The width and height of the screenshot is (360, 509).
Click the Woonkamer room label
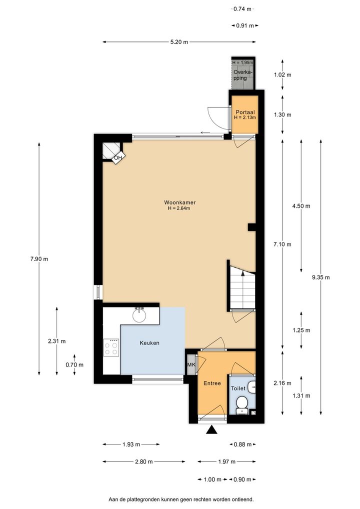pos(179,202)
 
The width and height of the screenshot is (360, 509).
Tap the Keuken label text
pos(149,343)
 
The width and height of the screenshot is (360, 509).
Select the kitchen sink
pos(139,314)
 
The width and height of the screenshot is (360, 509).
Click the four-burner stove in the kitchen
pos(111,347)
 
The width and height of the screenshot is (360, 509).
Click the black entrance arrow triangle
pos(211,430)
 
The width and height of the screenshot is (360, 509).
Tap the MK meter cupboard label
pos(191,364)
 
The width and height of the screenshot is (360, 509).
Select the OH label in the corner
pos(118,158)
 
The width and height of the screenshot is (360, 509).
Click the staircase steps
pos(242,287)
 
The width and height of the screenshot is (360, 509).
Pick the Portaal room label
pos(245,112)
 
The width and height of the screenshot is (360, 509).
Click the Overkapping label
pos(243,75)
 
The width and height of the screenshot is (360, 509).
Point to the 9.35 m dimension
pos(320,277)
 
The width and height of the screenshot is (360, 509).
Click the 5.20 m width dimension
pos(179,42)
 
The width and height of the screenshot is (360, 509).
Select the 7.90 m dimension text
pos(39,259)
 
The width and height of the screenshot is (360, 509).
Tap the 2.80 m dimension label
pos(144,461)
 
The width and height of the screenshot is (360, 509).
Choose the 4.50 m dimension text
pos(301,206)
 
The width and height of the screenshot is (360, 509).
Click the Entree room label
pos(212,383)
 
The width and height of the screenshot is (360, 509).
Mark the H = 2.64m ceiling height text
pos(179,208)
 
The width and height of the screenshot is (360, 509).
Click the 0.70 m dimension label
pos(74,365)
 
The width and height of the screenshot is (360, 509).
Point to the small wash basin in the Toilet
pos(251,387)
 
